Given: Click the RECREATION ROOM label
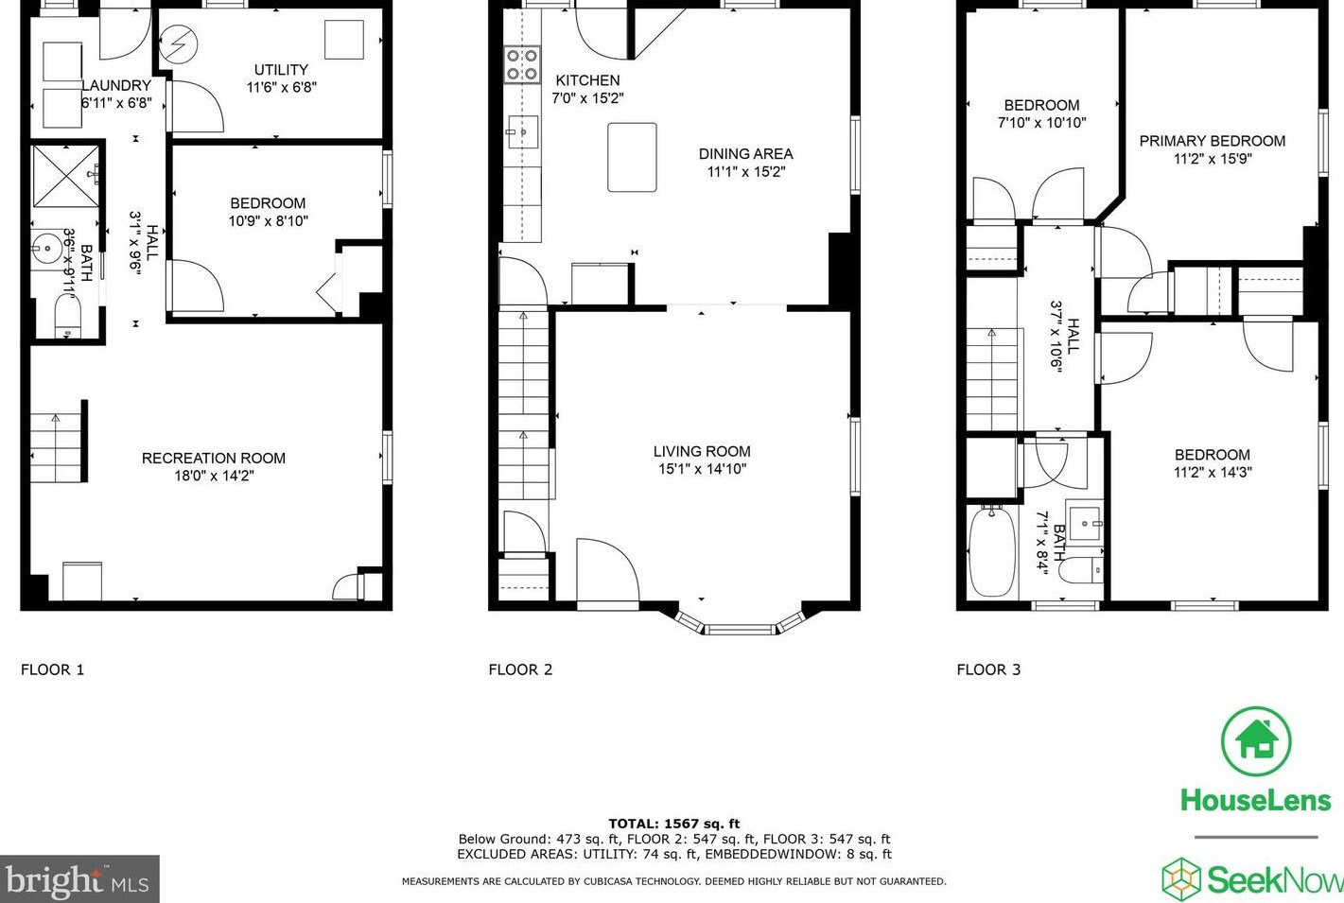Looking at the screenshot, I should click(x=213, y=458).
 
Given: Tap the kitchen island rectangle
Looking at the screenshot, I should click(x=632, y=157).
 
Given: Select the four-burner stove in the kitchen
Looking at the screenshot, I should click(x=522, y=64).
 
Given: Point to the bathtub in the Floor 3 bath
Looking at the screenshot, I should click(x=991, y=551).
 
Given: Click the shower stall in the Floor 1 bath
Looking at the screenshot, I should click(x=66, y=175).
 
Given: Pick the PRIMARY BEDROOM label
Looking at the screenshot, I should click(x=1212, y=141).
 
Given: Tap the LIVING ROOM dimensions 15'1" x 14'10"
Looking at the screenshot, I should click(x=702, y=469).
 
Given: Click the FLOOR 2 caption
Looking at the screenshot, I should click(x=520, y=669).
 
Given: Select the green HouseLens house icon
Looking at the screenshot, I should click(x=1255, y=741).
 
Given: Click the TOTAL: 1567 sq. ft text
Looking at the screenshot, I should click(x=673, y=824).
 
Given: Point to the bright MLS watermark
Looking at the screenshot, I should click(x=79, y=880).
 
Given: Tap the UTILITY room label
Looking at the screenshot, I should click(x=281, y=70).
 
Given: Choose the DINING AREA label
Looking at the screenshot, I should click(x=745, y=154).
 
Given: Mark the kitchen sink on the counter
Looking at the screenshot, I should click(x=522, y=132).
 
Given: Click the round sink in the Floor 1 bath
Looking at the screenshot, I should click(x=45, y=251).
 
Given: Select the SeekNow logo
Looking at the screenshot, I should click(x=1252, y=879).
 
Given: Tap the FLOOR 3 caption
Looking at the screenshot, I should click(x=988, y=669).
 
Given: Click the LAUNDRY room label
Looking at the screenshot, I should click(x=115, y=85).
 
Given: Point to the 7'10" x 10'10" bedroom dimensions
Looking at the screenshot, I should click(x=1041, y=123).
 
